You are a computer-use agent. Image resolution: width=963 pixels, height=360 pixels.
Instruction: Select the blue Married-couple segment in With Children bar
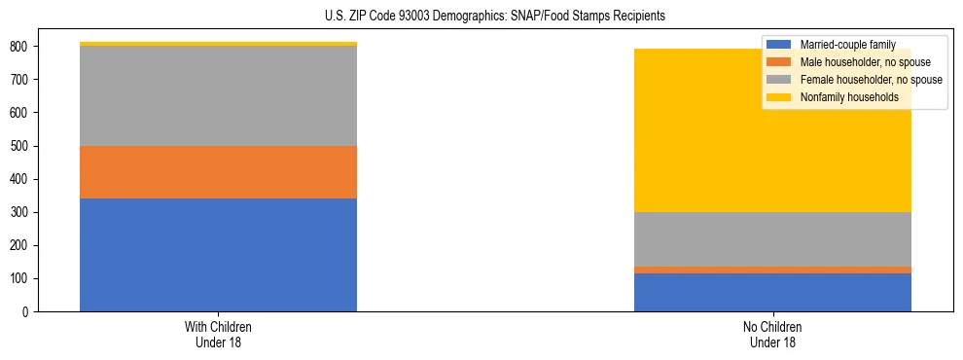coord(218,255)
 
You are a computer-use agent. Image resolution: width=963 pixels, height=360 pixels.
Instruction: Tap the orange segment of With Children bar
coord(218,172)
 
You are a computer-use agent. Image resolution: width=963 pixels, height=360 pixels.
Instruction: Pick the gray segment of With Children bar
coord(218,96)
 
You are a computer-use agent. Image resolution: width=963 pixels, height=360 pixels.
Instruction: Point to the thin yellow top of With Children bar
coord(218,44)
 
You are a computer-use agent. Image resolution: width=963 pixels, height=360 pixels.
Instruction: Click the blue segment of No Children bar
coord(772,292)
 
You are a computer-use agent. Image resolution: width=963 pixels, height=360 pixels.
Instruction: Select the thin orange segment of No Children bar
coord(772,270)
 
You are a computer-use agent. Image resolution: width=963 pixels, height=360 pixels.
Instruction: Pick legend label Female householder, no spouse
coord(870,80)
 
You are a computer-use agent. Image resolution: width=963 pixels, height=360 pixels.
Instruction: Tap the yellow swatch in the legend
coord(779,97)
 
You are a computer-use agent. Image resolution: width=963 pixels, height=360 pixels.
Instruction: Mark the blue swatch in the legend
coord(779,45)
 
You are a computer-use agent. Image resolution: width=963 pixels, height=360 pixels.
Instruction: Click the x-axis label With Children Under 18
coord(218,334)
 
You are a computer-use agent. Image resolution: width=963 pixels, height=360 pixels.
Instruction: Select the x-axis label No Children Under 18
coord(772,334)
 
